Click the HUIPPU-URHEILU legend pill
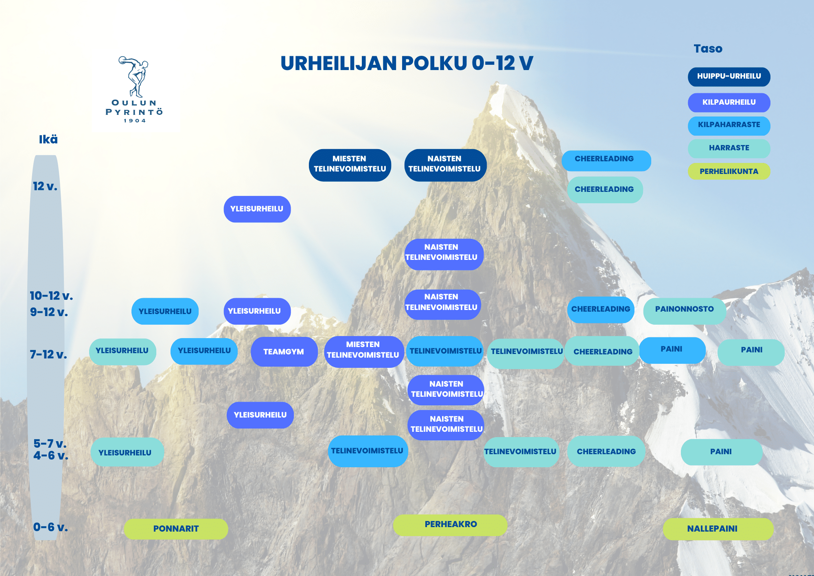coord(729,77)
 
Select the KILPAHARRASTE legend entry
coord(729,125)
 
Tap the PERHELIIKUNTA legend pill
coord(729,171)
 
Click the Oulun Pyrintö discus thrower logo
coord(134,89)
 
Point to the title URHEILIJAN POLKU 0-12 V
coord(407,63)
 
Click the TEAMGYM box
coord(284,352)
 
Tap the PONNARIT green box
coord(176,529)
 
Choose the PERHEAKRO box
coord(450,525)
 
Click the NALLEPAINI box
coord(718,529)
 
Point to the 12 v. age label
coord(45,187)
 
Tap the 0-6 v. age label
coord(50,527)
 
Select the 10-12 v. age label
coord(51,296)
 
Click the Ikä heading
coord(48,139)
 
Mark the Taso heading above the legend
coord(708,49)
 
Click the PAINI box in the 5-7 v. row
coord(721,452)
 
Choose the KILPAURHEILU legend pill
coord(729,102)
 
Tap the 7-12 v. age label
coord(48,354)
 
